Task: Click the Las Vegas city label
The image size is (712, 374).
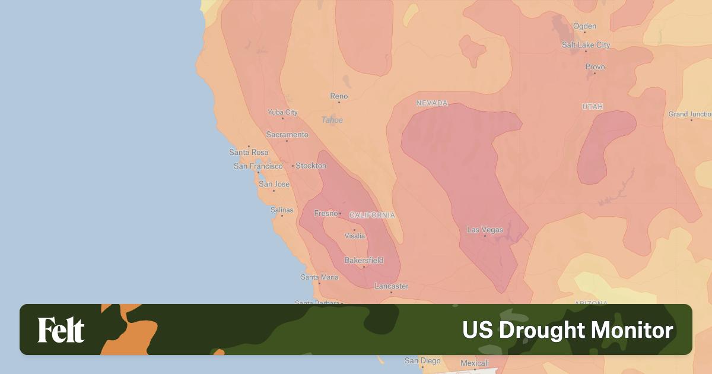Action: click(485, 230)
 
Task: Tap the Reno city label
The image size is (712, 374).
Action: click(339, 96)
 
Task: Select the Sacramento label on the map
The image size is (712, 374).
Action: click(287, 135)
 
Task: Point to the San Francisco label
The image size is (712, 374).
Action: click(258, 166)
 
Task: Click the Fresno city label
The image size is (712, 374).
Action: click(326, 213)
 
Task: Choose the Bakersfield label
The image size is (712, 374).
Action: click(364, 260)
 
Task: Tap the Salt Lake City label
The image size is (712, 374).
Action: click(586, 45)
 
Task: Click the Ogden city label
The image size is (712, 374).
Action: click(584, 26)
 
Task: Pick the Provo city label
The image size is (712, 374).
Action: click(595, 67)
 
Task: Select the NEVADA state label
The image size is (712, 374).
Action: click(432, 103)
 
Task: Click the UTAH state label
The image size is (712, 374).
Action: click(592, 107)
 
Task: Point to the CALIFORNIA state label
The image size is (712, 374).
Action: click(372, 215)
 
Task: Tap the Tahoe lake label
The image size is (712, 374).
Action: click(332, 120)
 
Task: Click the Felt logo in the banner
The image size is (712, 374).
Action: click(61, 330)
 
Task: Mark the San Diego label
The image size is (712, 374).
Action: click(422, 360)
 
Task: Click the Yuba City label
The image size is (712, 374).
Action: click(282, 112)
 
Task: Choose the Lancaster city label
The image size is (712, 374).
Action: click(391, 286)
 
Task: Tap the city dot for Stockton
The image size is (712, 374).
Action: click(293, 166)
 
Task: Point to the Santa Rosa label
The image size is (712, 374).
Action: click(248, 153)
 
